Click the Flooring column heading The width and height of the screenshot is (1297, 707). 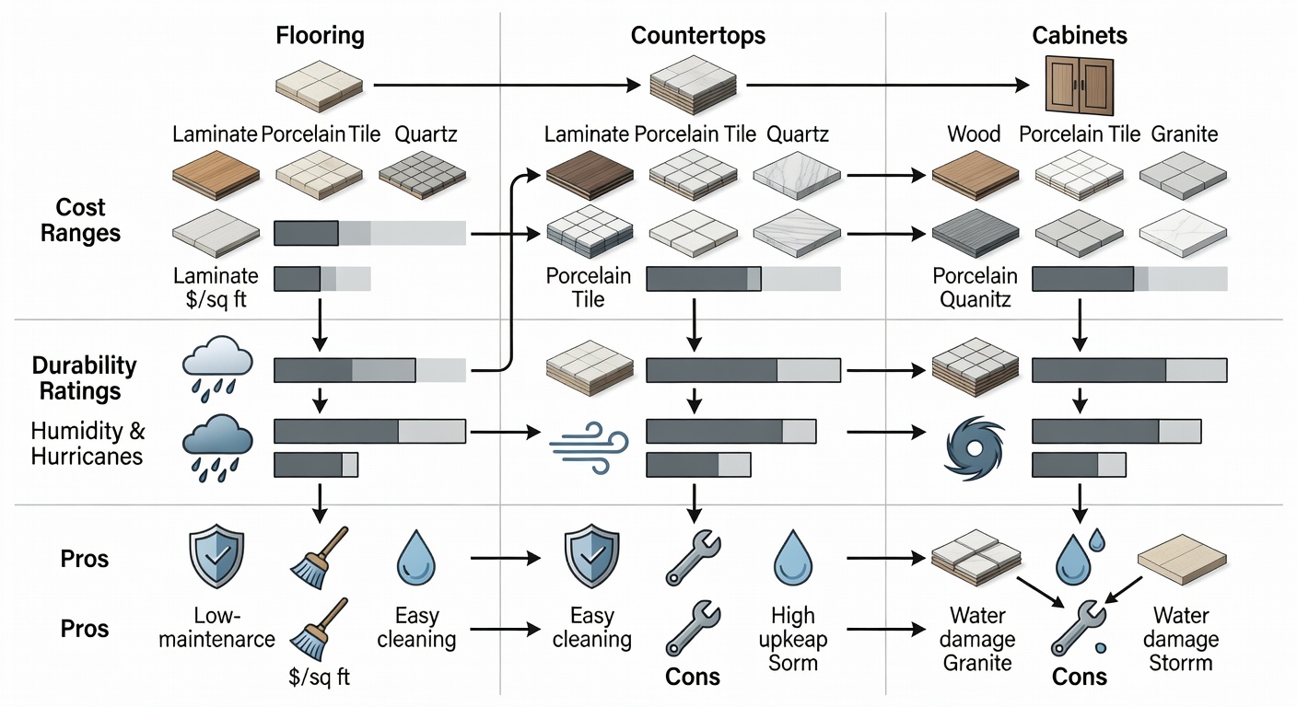320,37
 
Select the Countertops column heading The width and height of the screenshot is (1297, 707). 697,37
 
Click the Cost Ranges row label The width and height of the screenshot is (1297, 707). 81,220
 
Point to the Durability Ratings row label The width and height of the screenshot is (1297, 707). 84,378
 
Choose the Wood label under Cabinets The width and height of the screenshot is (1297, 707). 974,134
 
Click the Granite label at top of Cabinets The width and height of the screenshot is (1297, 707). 1184,134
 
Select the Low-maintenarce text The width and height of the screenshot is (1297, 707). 216,626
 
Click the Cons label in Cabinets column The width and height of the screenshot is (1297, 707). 1079,678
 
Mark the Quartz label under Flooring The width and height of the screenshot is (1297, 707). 426,134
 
